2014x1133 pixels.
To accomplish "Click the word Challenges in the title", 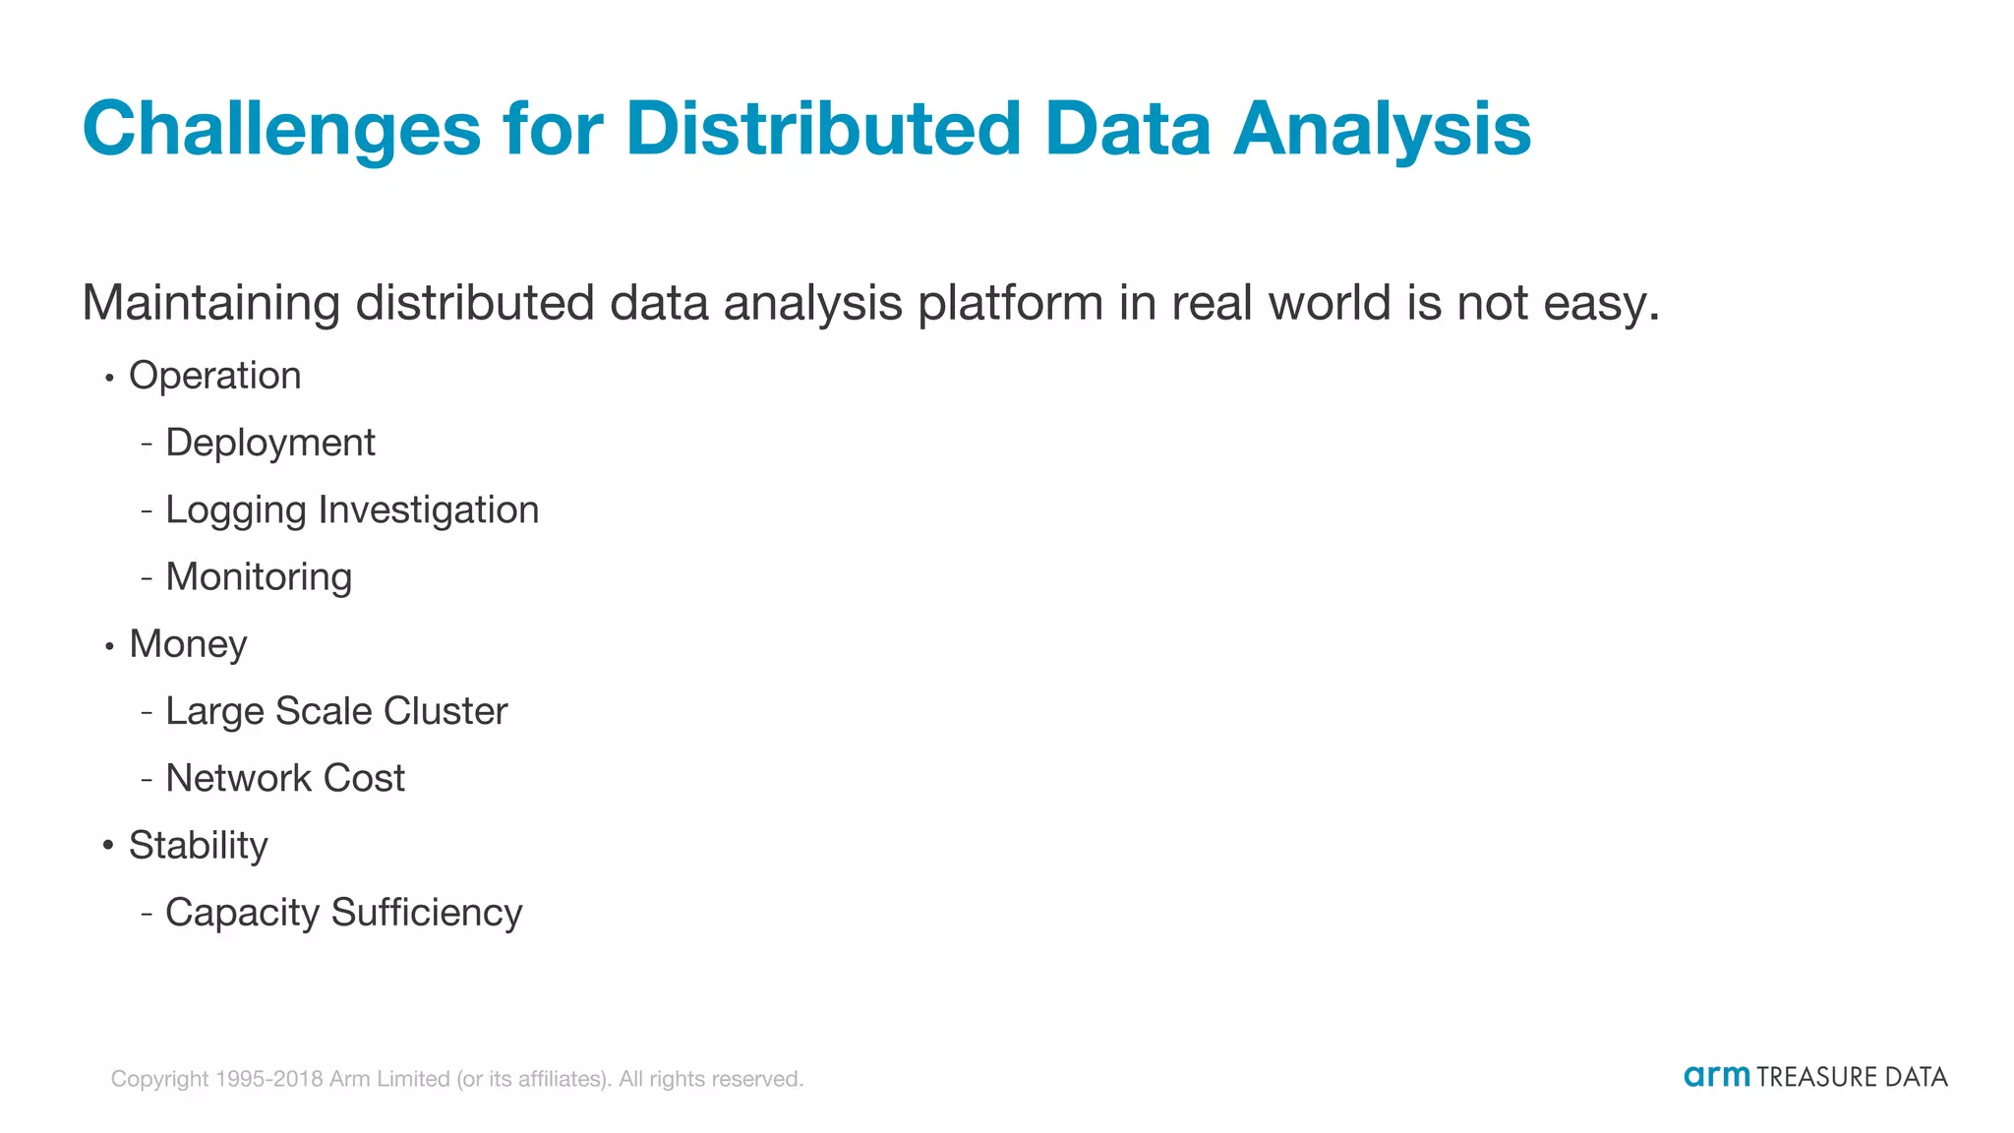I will coord(282,130).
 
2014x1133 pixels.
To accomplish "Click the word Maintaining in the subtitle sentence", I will coord(210,303).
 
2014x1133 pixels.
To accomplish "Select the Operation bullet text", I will coord(214,376).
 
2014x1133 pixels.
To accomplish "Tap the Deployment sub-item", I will coord(269,444).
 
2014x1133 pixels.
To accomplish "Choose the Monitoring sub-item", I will coord(258,577).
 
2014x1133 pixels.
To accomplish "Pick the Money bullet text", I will coord(188,644).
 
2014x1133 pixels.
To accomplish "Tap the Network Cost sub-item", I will coord(284,778).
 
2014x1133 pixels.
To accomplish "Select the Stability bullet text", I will coord(198,846).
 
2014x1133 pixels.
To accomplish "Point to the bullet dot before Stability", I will coord(108,845).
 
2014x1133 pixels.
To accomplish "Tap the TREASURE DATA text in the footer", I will coord(1852,1077).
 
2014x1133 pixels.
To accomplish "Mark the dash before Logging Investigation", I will coord(147,510).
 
